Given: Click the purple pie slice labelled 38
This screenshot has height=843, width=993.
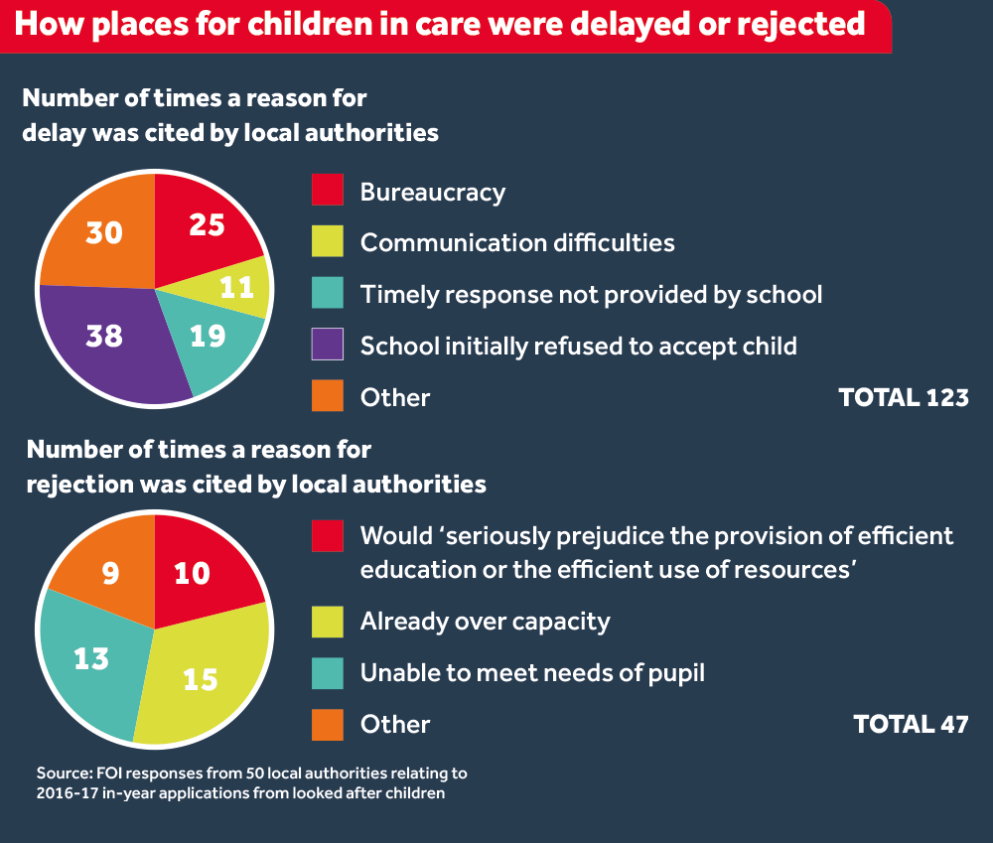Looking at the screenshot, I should [x=104, y=336].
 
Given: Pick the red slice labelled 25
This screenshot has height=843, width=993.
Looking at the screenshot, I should [x=206, y=225].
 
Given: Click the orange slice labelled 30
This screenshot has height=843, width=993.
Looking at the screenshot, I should [x=104, y=232].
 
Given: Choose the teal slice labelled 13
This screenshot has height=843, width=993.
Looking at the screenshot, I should [x=91, y=657].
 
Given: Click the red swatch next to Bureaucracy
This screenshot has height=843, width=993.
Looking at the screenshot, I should [x=328, y=190].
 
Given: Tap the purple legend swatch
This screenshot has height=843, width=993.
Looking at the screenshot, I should [x=328, y=345].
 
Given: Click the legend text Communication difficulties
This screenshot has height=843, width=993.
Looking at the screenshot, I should [x=516, y=242].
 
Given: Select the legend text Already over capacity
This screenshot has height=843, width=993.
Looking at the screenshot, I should [x=485, y=622].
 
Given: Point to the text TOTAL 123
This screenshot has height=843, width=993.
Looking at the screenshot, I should [x=903, y=397].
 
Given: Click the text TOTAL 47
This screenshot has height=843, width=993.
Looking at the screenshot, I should [x=911, y=724].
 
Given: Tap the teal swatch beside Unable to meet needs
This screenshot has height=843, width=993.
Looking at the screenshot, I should [x=328, y=673].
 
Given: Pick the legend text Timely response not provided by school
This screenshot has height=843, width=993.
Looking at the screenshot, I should [x=591, y=294].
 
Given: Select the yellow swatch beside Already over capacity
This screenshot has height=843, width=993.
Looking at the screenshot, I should [x=328, y=622].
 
